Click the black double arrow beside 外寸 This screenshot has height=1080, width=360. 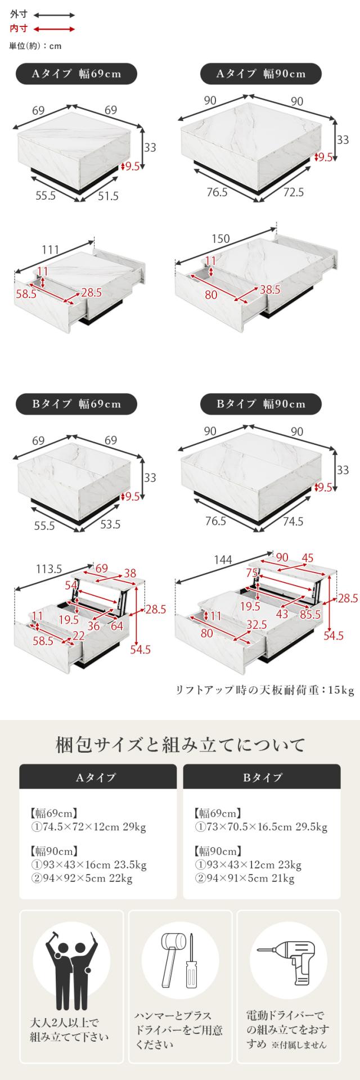[55, 15]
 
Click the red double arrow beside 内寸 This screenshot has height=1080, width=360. [55, 29]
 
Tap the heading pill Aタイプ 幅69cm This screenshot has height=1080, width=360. [76, 74]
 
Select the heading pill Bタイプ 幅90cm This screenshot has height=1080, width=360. [261, 404]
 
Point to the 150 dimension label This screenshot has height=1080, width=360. [220, 239]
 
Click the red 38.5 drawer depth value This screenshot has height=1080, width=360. [269, 290]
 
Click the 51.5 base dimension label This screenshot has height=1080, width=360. [108, 196]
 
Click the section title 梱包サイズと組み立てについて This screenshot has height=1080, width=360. [180, 746]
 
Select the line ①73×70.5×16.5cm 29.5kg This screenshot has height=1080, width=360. [261, 827]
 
